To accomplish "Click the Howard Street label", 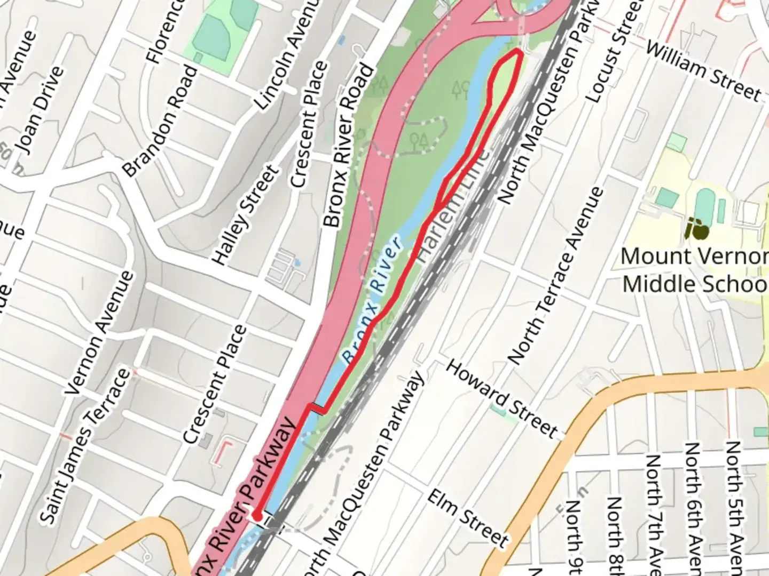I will click(501, 398).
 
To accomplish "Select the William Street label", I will click(703, 71).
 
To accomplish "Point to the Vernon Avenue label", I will click(100, 333).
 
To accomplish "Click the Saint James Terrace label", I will click(85, 445).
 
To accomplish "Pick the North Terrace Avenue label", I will click(556, 276).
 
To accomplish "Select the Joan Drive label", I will click(39, 110).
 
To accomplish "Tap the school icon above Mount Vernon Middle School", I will click(696, 229).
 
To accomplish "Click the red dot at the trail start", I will click(257, 516).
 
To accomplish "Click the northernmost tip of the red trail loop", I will click(517, 51).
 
